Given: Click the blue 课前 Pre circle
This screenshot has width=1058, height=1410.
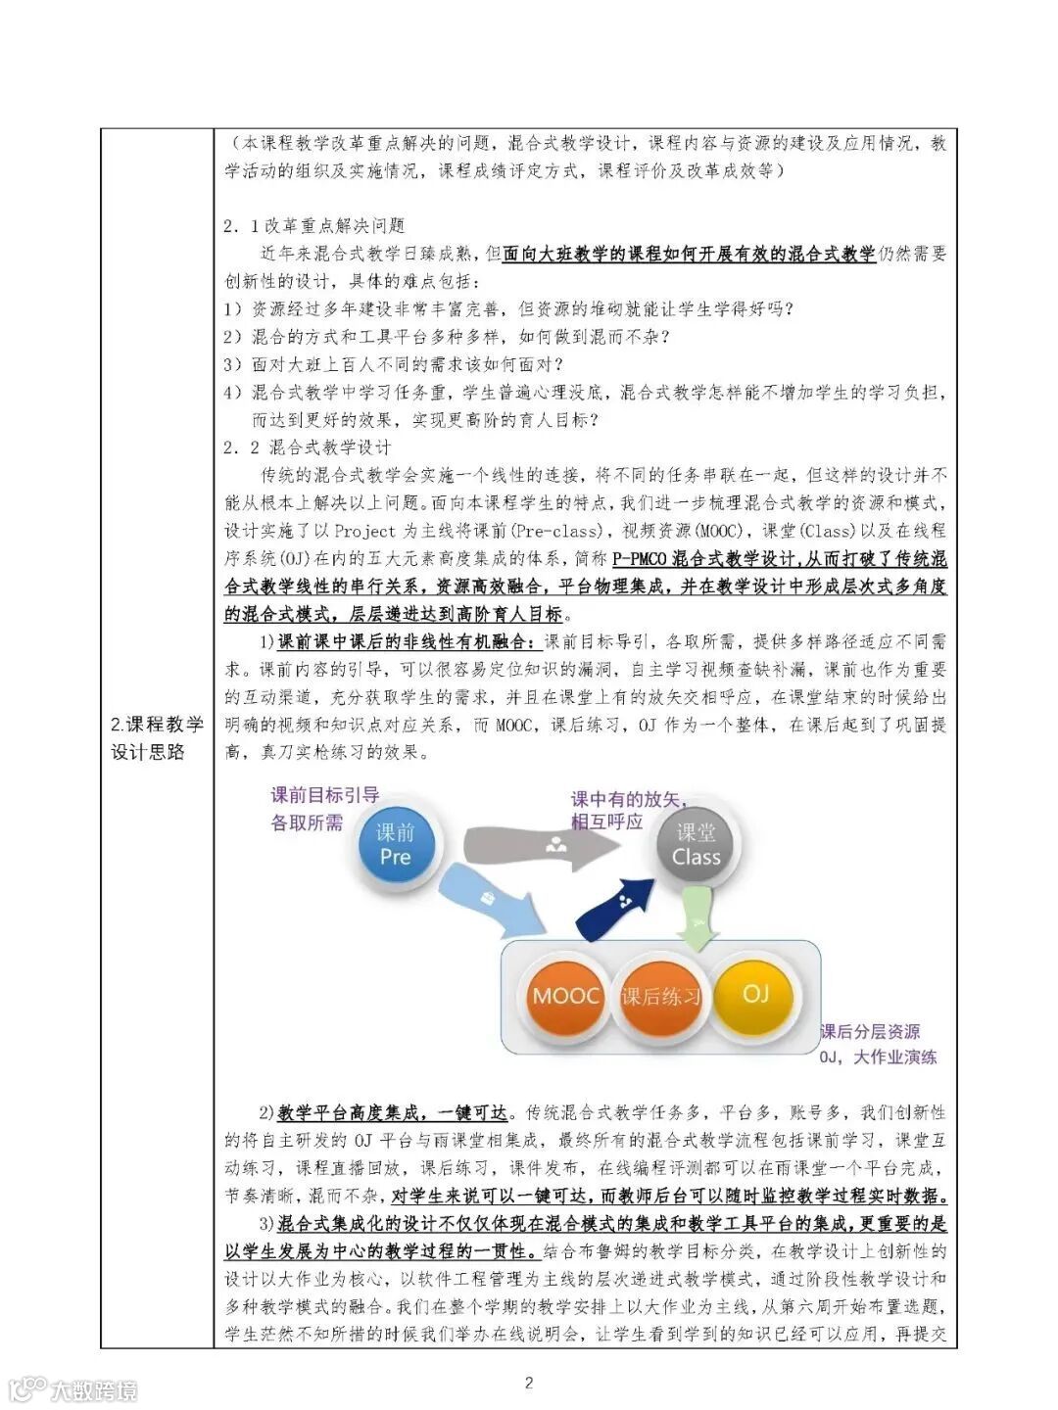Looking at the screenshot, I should point(395,844).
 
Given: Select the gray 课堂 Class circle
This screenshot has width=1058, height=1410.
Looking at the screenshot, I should point(696,844).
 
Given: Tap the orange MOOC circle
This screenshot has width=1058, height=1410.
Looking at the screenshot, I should point(565,996).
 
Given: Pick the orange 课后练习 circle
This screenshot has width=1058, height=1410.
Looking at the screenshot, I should point(661,997).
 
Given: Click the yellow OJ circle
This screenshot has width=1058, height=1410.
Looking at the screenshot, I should point(755,993).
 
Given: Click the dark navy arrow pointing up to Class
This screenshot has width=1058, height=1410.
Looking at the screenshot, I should point(613,907).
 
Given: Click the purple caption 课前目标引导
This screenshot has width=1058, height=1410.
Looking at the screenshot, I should point(325,795).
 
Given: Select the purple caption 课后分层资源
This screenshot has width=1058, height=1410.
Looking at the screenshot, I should point(870,1031).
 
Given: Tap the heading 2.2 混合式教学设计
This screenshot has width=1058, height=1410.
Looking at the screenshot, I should point(307,447).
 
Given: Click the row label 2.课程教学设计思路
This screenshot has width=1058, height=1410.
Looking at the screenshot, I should point(157,737).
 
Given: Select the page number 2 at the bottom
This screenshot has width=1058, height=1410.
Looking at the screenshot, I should point(529,1383).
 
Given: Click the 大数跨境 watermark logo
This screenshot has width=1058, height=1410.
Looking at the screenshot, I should point(73,1388).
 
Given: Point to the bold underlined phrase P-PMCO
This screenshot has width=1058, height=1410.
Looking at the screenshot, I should point(642,559).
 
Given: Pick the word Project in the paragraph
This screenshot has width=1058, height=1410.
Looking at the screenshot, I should point(364,531).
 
